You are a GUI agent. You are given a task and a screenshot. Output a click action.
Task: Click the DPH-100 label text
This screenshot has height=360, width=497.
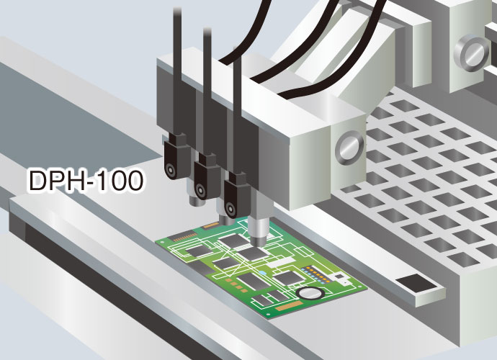86,180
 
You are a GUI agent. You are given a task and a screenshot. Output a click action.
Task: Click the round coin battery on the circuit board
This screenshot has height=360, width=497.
310,293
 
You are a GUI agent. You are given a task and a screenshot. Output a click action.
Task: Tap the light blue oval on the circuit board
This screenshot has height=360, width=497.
262,273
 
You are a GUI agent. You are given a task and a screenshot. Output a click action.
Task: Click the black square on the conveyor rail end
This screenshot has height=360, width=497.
416,283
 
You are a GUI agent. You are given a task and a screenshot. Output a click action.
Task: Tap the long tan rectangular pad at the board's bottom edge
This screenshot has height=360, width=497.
289,305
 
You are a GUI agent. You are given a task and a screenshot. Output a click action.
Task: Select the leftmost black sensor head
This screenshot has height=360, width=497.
175,157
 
